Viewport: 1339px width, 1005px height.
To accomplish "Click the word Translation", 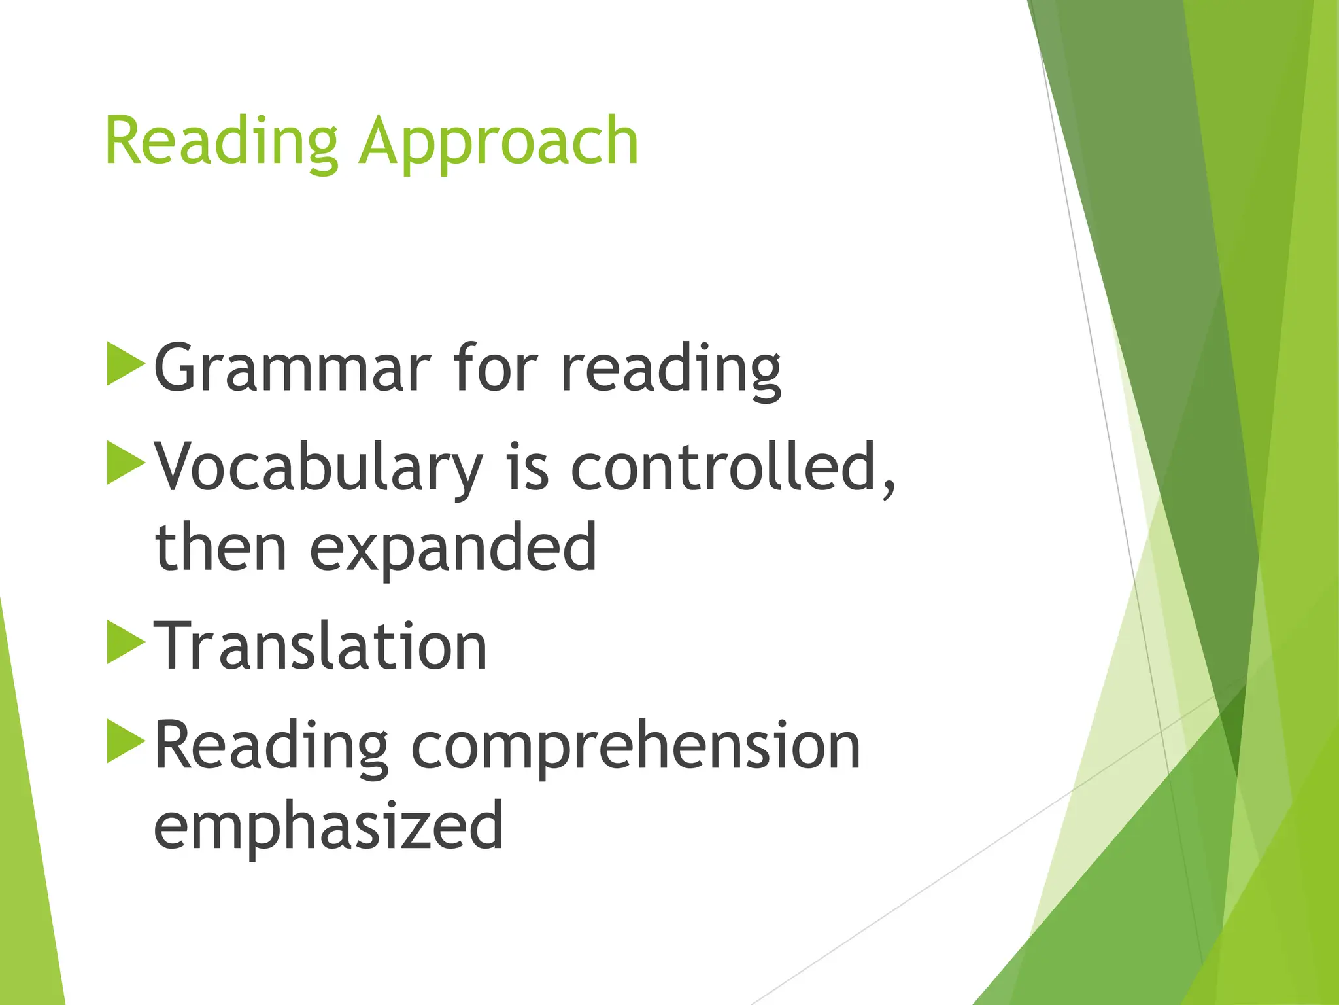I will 320,646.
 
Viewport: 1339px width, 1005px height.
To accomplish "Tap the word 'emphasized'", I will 328,826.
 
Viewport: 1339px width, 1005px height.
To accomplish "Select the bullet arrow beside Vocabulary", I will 124,463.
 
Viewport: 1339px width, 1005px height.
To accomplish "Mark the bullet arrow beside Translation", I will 124,642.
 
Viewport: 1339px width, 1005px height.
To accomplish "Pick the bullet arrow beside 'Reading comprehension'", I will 124,741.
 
